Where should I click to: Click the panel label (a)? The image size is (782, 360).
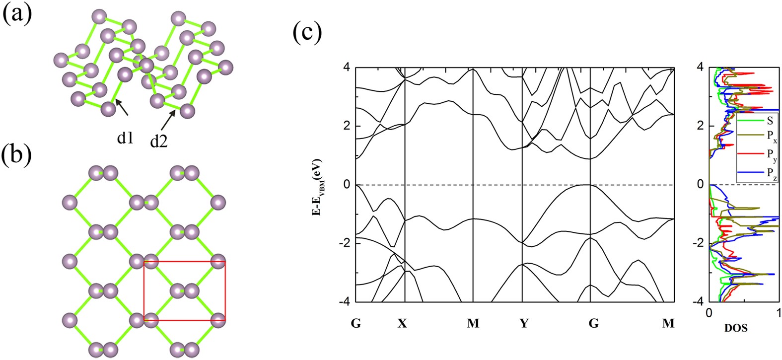pyautogui.click(x=17, y=13)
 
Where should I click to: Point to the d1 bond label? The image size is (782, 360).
pyautogui.click(x=125, y=139)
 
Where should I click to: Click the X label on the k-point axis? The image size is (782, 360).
pyautogui.click(x=402, y=324)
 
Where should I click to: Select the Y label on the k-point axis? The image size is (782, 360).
pyautogui.click(x=524, y=324)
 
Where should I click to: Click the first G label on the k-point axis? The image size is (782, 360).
pyautogui.click(x=355, y=324)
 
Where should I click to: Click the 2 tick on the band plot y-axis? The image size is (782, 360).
pyautogui.click(x=346, y=126)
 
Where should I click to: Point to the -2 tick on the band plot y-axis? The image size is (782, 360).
pyautogui.click(x=344, y=243)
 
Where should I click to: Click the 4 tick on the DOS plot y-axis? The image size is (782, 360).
pyautogui.click(x=699, y=67)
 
